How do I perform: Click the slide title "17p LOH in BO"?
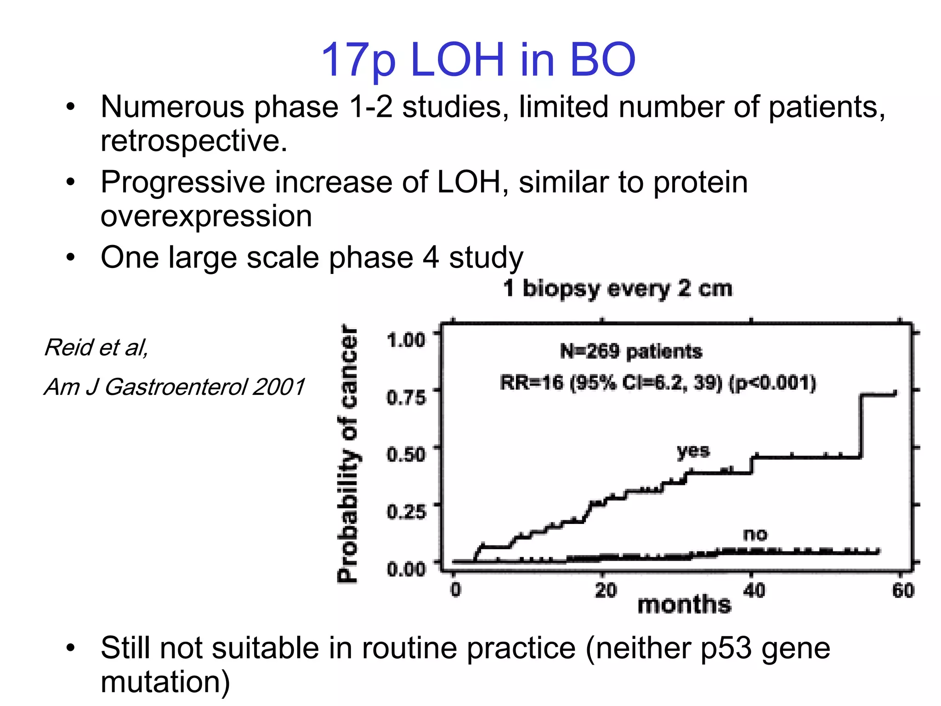tap(478, 60)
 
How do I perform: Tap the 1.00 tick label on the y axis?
tap(406, 340)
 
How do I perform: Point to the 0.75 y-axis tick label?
tap(406, 397)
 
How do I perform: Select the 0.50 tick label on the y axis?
tap(406, 454)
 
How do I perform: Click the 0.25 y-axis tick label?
tap(406, 511)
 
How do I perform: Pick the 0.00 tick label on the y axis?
tap(406, 569)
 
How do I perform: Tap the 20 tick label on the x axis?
tap(606, 590)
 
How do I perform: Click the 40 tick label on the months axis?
tap(754, 590)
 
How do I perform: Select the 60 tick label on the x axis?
tap(903, 590)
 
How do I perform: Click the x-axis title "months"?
tap(684, 604)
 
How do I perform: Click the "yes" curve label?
tap(693, 451)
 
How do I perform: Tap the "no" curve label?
tap(755, 534)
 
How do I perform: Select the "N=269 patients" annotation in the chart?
tap(631, 352)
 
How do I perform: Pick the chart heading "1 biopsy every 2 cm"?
tap(618, 289)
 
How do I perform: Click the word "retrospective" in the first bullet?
tap(193, 141)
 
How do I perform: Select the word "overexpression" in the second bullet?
tap(206, 216)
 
